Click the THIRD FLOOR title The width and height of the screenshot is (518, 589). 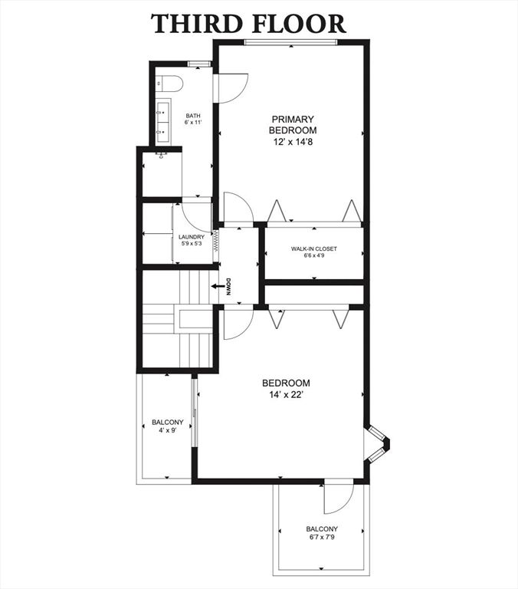[x=248, y=23]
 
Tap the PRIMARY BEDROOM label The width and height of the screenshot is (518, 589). [x=293, y=125]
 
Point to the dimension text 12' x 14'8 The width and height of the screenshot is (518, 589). [x=293, y=142]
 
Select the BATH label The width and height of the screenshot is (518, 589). [x=193, y=116]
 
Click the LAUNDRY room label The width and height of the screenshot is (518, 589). [x=192, y=237]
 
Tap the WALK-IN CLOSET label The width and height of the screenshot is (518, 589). [x=314, y=248]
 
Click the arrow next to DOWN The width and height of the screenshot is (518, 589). [x=217, y=286]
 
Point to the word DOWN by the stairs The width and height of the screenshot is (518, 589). [x=228, y=287]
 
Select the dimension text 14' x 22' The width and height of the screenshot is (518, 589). [x=286, y=395]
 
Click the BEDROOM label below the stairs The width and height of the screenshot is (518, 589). [x=286, y=383]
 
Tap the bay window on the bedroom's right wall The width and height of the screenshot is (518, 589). [x=377, y=443]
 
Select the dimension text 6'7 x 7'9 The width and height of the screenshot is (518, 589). [x=322, y=537]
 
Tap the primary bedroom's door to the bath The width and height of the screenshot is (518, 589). [x=231, y=88]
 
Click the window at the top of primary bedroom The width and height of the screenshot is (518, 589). [x=291, y=42]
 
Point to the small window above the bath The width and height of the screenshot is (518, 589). [x=199, y=64]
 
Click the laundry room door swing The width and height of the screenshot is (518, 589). [x=197, y=217]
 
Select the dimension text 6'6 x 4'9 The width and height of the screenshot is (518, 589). [x=314, y=255]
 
